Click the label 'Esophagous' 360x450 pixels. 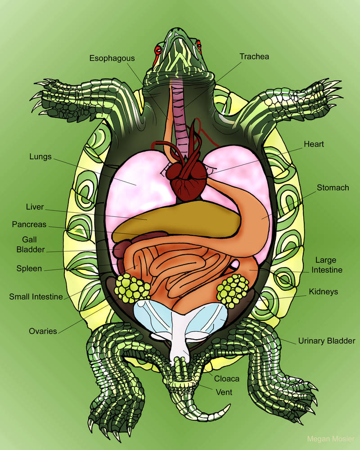(x=112, y=58)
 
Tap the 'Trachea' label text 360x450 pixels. (x=254, y=57)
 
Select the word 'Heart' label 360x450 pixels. (x=314, y=144)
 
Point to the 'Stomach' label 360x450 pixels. (x=333, y=187)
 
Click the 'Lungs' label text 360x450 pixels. (x=40, y=157)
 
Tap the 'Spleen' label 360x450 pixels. (x=29, y=269)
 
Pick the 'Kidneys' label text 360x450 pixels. (x=323, y=292)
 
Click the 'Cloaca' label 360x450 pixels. (x=226, y=378)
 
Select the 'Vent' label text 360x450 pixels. (x=224, y=392)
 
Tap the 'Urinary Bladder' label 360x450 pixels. (x=326, y=341)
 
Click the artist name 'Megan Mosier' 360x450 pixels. (x=331, y=439)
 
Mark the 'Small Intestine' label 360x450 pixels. (x=36, y=297)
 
